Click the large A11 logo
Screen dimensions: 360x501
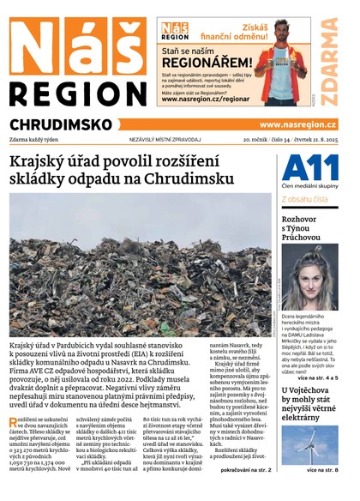309,167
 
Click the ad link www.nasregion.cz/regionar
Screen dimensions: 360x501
205,100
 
